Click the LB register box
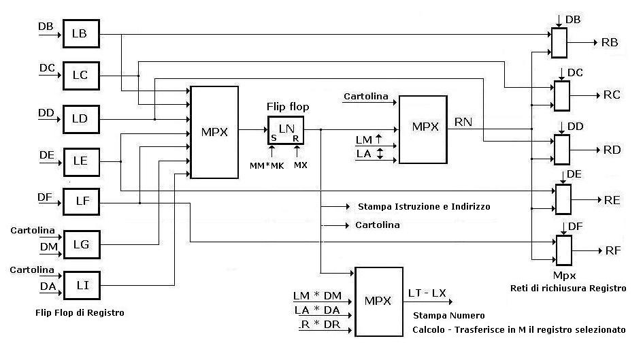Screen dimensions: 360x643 pyautogui.click(x=81, y=33)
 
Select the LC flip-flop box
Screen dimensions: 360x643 pyautogui.click(x=81, y=75)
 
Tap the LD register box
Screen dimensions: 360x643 pyautogui.click(x=81, y=118)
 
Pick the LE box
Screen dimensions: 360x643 pyautogui.click(x=81, y=161)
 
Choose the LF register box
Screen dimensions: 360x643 pyautogui.click(x=81, y=202)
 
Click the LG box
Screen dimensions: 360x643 pyautogui.click(x=81, y=244)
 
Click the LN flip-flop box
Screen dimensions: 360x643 pyautogui.click(x=285, y=129)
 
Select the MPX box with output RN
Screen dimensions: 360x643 pyautogui.click(x=423, y=129)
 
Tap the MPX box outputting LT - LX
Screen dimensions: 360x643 pyautogui.click(x=379, y=301)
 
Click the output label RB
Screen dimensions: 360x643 pyautogui.click(x=610, y=42)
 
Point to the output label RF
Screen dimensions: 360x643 pyautogui.click(x=613, y=250)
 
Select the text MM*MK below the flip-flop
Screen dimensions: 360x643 pyautogui.click(x=269, y=165)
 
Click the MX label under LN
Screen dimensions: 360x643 pyautogui.click(x=300, y=165)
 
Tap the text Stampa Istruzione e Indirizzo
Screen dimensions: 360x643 pyautogui.click(x=423, y=206)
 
